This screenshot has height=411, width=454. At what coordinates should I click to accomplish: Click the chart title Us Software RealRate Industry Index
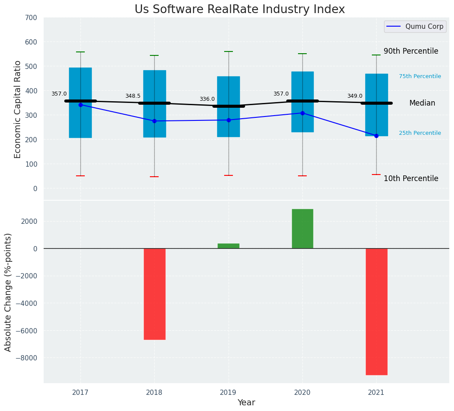tap(239, 10)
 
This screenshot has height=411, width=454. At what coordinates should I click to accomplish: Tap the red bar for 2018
tap(154, 294)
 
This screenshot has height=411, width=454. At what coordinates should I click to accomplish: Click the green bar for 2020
tap(302, 229)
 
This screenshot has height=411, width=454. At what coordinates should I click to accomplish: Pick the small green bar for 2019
tap(228, 246)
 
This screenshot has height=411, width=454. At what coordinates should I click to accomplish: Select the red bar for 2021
tap(376, 312)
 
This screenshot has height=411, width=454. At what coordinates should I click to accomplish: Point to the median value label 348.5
tap(133, 96)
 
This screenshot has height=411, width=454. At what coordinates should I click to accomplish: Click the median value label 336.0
tap(207, 99)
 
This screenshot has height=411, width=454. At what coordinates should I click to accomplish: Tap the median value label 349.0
tap(355, 96)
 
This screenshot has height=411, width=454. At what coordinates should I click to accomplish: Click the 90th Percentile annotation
tap(411, 51)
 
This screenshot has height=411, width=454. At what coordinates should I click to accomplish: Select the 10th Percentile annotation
tap(411, 178)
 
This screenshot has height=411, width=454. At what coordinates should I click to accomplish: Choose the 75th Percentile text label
tap(420, 76)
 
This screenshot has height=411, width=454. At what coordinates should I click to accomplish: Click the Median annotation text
tap(422, 103)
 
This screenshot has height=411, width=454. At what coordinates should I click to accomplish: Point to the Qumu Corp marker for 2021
tap(376, 136)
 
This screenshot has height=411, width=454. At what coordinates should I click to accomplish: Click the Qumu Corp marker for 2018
tap(154, 121)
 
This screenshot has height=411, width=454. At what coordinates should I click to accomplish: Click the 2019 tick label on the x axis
tap(228, 393)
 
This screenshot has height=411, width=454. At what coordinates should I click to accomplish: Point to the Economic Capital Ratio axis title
tap(18, 109)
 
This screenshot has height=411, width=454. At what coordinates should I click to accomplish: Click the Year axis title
tap(246, 403)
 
